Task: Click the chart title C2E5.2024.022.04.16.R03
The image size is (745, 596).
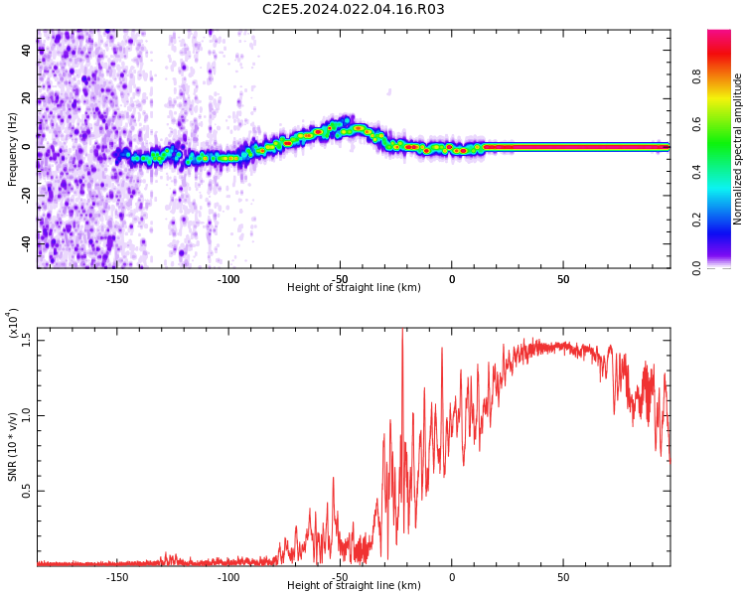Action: click(x=354, y=10)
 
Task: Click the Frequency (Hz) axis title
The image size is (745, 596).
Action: click(x=13, y=147)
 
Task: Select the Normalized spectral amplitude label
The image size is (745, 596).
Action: click(x=738, y=149)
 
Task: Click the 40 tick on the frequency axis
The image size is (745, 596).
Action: click(x=26, y=51)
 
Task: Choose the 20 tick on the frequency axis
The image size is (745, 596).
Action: click(x=26, y=98)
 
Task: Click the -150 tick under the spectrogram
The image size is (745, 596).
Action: click(x=117, y=279)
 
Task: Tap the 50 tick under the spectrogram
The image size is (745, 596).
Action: click(x=562, y=279)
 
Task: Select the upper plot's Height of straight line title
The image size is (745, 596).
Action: click(x=354, y=288)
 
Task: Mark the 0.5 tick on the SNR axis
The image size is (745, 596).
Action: click(x=26, y=491)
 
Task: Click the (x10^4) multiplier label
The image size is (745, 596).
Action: click(x=13, y=323)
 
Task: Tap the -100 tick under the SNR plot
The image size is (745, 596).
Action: click(x=228, y=577)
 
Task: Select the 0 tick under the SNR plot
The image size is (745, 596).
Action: click(x=451, y=577)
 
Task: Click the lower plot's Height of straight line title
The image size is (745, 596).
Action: click(x=354, y=586)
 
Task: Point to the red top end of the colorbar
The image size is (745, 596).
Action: click(x=719, y=35)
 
